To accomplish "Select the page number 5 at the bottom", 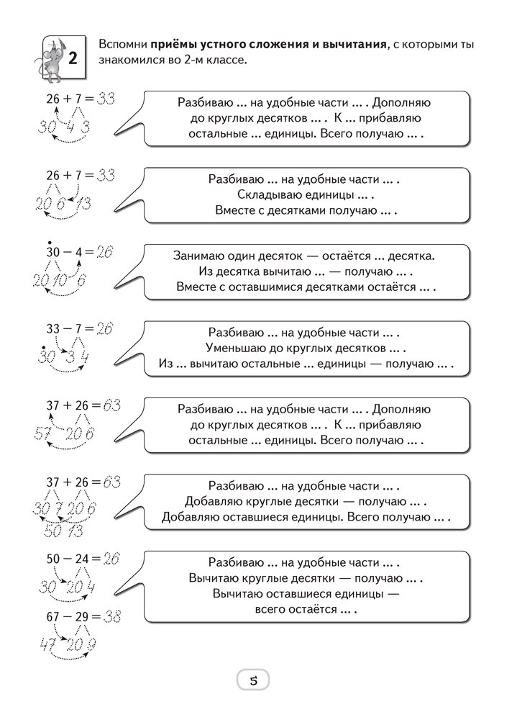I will pyautogui.click(x=252, y=679).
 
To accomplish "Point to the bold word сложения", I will pyautogui.click(x=277, y=45).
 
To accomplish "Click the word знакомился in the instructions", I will pyautogui.click(x=134, y=60).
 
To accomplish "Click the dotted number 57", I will pyautogui.click(x=43, y=433).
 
